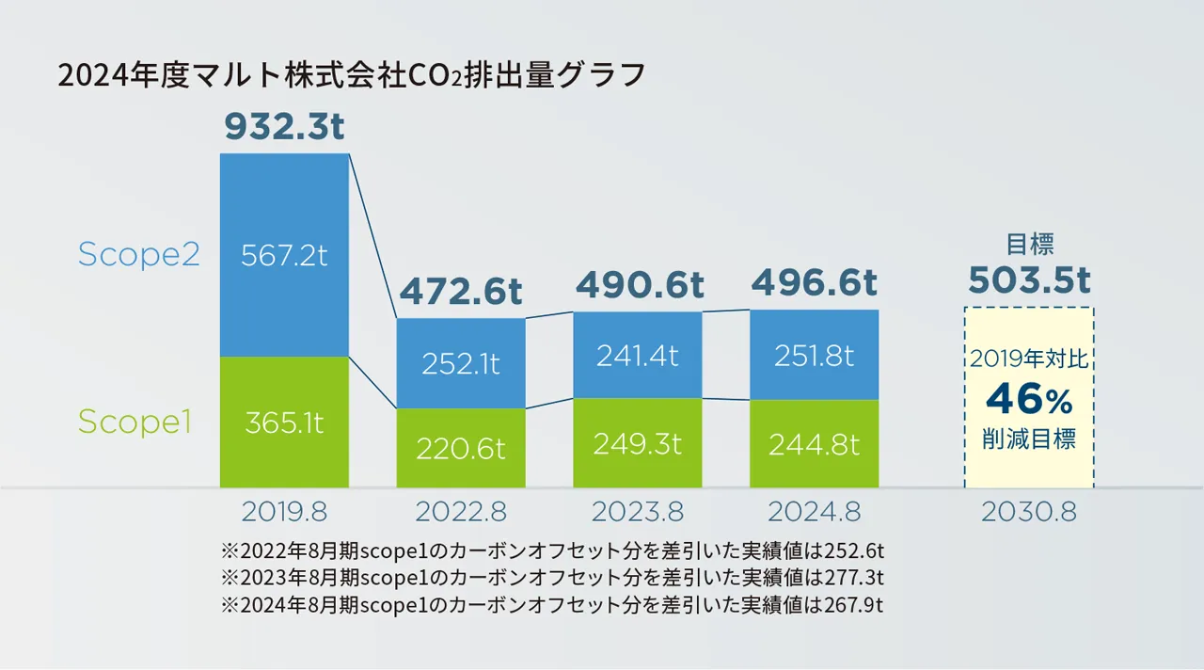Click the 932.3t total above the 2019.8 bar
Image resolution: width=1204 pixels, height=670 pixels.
tap(284, 127)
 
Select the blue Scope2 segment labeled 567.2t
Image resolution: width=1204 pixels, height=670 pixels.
tap(284, 255)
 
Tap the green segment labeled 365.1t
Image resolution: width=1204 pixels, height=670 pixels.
tap(284, 423)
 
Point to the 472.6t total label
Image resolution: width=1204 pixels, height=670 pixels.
tap(461, 292)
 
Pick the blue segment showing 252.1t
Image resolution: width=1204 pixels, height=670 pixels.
tap(461, 363)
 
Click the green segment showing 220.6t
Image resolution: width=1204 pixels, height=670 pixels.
tap(461, 448)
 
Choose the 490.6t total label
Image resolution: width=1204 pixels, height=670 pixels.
tap(638, 284)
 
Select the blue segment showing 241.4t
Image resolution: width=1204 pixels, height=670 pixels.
tap(638, 356)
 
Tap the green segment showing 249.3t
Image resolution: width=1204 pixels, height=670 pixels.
tap(638, 443)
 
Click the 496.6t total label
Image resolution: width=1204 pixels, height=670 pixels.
tap(814, 282)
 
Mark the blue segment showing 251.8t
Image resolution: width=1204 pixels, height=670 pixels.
tap(814, 356)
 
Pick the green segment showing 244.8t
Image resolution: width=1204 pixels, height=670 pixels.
tap(814, 444)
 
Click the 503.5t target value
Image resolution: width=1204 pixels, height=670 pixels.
tap(1029, 280)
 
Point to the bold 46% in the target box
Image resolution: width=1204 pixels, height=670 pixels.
tap(1029, 401)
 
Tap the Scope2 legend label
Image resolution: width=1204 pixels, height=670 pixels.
tap(138, 255)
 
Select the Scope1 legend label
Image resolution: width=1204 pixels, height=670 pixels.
tap(135, 423)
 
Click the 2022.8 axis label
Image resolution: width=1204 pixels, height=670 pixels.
tap(461, 512)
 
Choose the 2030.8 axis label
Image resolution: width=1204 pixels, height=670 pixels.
tap(1029, 512)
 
